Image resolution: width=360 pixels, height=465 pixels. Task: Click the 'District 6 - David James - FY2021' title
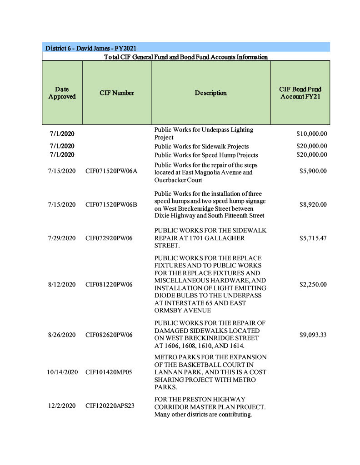click(x=91, y=48)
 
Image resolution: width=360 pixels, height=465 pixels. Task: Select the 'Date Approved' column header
click(x=62, y=93)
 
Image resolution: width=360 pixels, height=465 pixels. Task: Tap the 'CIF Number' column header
click(x=117, y=93)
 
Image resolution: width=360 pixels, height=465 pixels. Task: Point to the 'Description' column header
click(x=210, y=93)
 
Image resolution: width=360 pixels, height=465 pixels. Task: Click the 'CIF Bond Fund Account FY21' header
click(x=300, y=93)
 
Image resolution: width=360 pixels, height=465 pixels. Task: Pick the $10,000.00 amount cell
click(x=311, y=134)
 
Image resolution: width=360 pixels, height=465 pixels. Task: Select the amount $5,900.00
click(x=313, y=171)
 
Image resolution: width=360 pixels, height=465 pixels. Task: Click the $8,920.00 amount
click(x=313, y=205)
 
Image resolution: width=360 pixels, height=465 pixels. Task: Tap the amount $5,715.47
click(x=313, y=238)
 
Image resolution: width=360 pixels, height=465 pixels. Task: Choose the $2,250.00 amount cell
click(x=313, y=285)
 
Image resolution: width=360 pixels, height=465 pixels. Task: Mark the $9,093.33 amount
click(x=313, y=335)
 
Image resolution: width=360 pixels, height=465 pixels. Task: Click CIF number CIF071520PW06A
click(x=111, y=171)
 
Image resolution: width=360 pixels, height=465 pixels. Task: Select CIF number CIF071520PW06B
click(x=111, y=205)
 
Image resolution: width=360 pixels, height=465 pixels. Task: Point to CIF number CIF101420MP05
click(x=109, y=372)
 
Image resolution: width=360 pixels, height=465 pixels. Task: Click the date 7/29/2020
click(x=62, y=238)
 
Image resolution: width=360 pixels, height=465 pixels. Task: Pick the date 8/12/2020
click(x=62, y=285)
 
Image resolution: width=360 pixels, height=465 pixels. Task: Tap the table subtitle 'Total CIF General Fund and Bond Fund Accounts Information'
click(x=186, y=57)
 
